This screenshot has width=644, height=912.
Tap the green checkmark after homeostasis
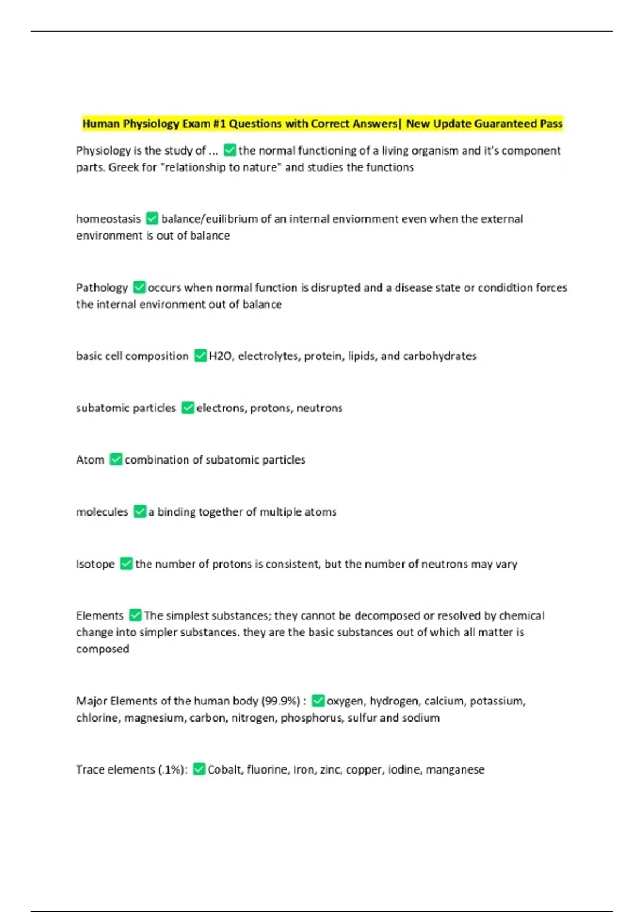coord(152,219)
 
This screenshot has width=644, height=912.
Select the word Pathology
coord(102,288)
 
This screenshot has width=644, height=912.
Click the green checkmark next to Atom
coord(116,460)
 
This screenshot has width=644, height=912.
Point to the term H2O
coord(220,356)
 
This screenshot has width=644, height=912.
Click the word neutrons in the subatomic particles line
coord(319,408)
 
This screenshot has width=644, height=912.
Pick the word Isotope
coord(96,564)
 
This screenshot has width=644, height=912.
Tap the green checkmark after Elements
coord(135,615)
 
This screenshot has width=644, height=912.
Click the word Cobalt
coord(225,770)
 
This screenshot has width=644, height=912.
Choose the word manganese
coord(455,770)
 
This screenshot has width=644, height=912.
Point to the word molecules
coord(102,512)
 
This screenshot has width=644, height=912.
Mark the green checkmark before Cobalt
coord(199,769)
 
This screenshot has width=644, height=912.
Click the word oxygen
coord(345,701)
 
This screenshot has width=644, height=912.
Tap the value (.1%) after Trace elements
coord(173,770)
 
